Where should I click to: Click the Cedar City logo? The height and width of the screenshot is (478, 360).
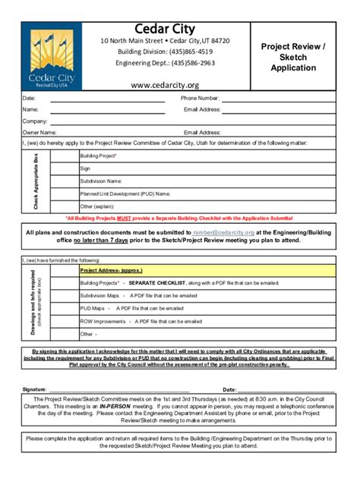pos(52,58)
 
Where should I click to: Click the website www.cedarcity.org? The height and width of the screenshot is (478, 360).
pos(165,85)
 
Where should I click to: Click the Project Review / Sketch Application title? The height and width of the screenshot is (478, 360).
pos(292,57)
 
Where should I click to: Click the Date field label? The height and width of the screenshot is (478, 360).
pos(29,99)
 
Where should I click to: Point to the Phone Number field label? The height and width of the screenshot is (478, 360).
pos(200,99)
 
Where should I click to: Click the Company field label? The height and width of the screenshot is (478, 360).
pos(35,121)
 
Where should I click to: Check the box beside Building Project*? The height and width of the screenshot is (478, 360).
pos(64,156)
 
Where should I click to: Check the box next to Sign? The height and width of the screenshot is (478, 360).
pos(64,168)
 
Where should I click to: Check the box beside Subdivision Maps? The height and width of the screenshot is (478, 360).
pos(64,296)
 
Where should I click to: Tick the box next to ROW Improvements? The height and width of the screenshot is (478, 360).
pos(64,321)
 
